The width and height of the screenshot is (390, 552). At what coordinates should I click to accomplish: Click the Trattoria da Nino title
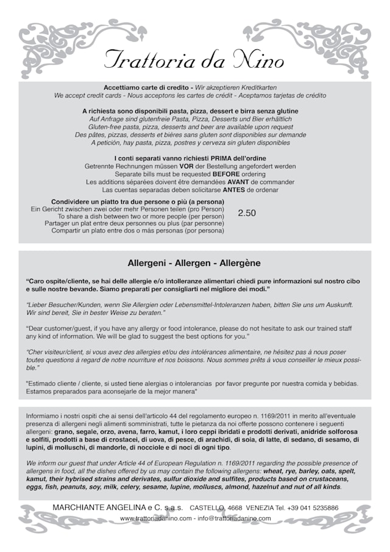point(194,60)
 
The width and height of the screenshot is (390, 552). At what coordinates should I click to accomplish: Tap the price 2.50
point(247,213)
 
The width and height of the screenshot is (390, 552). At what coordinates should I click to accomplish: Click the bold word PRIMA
point(207,159)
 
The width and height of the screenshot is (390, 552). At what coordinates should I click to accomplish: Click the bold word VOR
point(186,166)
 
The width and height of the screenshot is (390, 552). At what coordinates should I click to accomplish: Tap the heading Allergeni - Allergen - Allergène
point(194,263)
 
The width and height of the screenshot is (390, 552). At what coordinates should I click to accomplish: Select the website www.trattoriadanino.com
point(156,518)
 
